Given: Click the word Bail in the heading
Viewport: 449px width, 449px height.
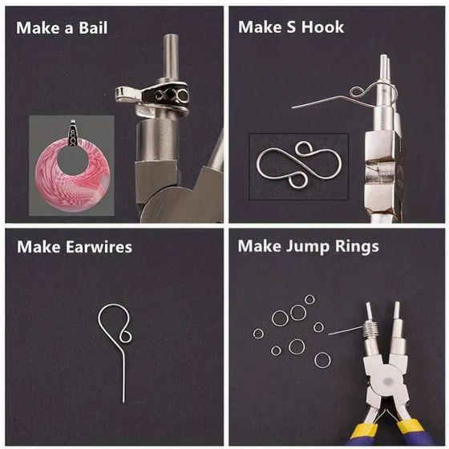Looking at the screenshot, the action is pos(93,28).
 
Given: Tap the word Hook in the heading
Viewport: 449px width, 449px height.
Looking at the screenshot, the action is pos(322,27).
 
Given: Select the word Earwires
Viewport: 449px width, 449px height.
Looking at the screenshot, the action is pos(99,247).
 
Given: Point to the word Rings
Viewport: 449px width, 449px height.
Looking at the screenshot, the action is pos(357,247).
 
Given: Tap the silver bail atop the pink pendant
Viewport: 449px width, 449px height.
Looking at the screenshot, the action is pos(73,133).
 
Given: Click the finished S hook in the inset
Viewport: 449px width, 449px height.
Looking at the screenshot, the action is pos(299,164).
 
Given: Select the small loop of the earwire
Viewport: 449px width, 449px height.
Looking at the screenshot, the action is pos(125,336).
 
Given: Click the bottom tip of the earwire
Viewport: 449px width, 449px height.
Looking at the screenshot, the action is pos(123,402).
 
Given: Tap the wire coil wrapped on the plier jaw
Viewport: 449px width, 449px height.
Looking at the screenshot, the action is pos(370,330).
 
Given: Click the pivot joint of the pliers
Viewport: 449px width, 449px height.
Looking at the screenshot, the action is pos(388,382).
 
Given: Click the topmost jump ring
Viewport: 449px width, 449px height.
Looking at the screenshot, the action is pos(309,300).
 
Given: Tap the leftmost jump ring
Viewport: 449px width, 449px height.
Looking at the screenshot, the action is pos(258,334).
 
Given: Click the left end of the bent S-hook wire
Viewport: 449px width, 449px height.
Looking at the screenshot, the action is pos(293,107).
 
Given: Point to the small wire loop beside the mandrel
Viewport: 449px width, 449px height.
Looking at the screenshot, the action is pos(356,91).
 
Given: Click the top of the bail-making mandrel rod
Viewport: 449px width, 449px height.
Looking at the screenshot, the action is pos(170,36).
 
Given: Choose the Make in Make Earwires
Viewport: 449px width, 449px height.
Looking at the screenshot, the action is pos(39,247).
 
